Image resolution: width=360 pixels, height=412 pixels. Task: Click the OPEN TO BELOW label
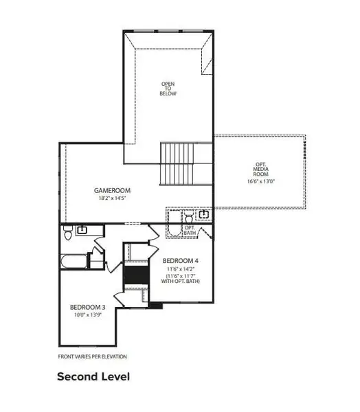[x=168, y=89]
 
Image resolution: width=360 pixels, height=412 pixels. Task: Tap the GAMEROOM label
[x=113, y=190]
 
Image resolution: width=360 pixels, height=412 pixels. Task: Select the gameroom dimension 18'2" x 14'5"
[x=113, y=198]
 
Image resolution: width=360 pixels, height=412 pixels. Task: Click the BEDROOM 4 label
[x=181, y=262]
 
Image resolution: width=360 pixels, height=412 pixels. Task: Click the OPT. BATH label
[x=190, y=231]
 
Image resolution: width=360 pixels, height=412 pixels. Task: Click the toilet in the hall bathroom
[x=68, y=234]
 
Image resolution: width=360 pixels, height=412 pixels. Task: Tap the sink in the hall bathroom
[x=82, y=230]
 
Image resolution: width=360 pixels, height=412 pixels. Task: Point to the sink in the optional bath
[x=205, y=215]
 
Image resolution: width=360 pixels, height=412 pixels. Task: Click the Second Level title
[x=93, y=376]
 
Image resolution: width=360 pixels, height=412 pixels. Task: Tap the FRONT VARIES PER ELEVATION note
[x=92, y=356]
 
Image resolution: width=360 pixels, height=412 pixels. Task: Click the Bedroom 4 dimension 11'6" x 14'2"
[x=181, y=269]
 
